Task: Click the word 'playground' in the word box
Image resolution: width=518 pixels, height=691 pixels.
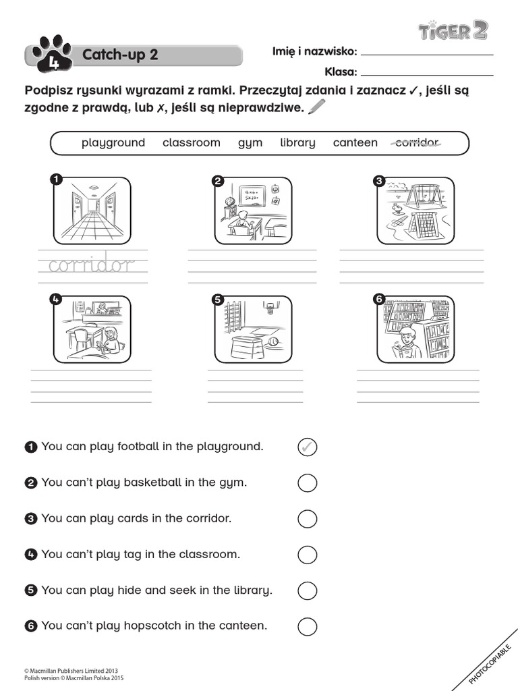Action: pos(113,142)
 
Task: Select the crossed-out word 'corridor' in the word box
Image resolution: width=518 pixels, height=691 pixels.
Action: pos(415,142)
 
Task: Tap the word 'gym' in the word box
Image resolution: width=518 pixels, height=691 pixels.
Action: pos(250,143)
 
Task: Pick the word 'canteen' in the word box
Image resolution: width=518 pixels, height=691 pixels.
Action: pos(355,142)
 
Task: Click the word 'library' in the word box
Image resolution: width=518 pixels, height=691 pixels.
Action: pos(297,142)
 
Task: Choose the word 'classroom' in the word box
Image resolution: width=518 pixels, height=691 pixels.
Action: pos(192,142)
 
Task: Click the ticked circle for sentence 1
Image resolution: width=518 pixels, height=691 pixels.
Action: pos(307,447)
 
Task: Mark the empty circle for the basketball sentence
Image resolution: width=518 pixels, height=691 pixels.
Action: pos(307,482)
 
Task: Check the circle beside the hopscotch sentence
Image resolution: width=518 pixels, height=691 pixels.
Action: pos(307,626)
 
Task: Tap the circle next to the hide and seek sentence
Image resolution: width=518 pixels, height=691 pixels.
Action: pos(307,590)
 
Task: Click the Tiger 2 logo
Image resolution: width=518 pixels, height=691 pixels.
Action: pos(453,30)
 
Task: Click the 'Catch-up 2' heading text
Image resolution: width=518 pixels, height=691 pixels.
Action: pos(120,55)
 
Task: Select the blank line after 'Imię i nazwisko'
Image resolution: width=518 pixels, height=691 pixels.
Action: pos(428,54)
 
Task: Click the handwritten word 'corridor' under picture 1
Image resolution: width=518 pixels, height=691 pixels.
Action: pos(92,265)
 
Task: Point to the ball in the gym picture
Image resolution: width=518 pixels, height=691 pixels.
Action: pos(273,342)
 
